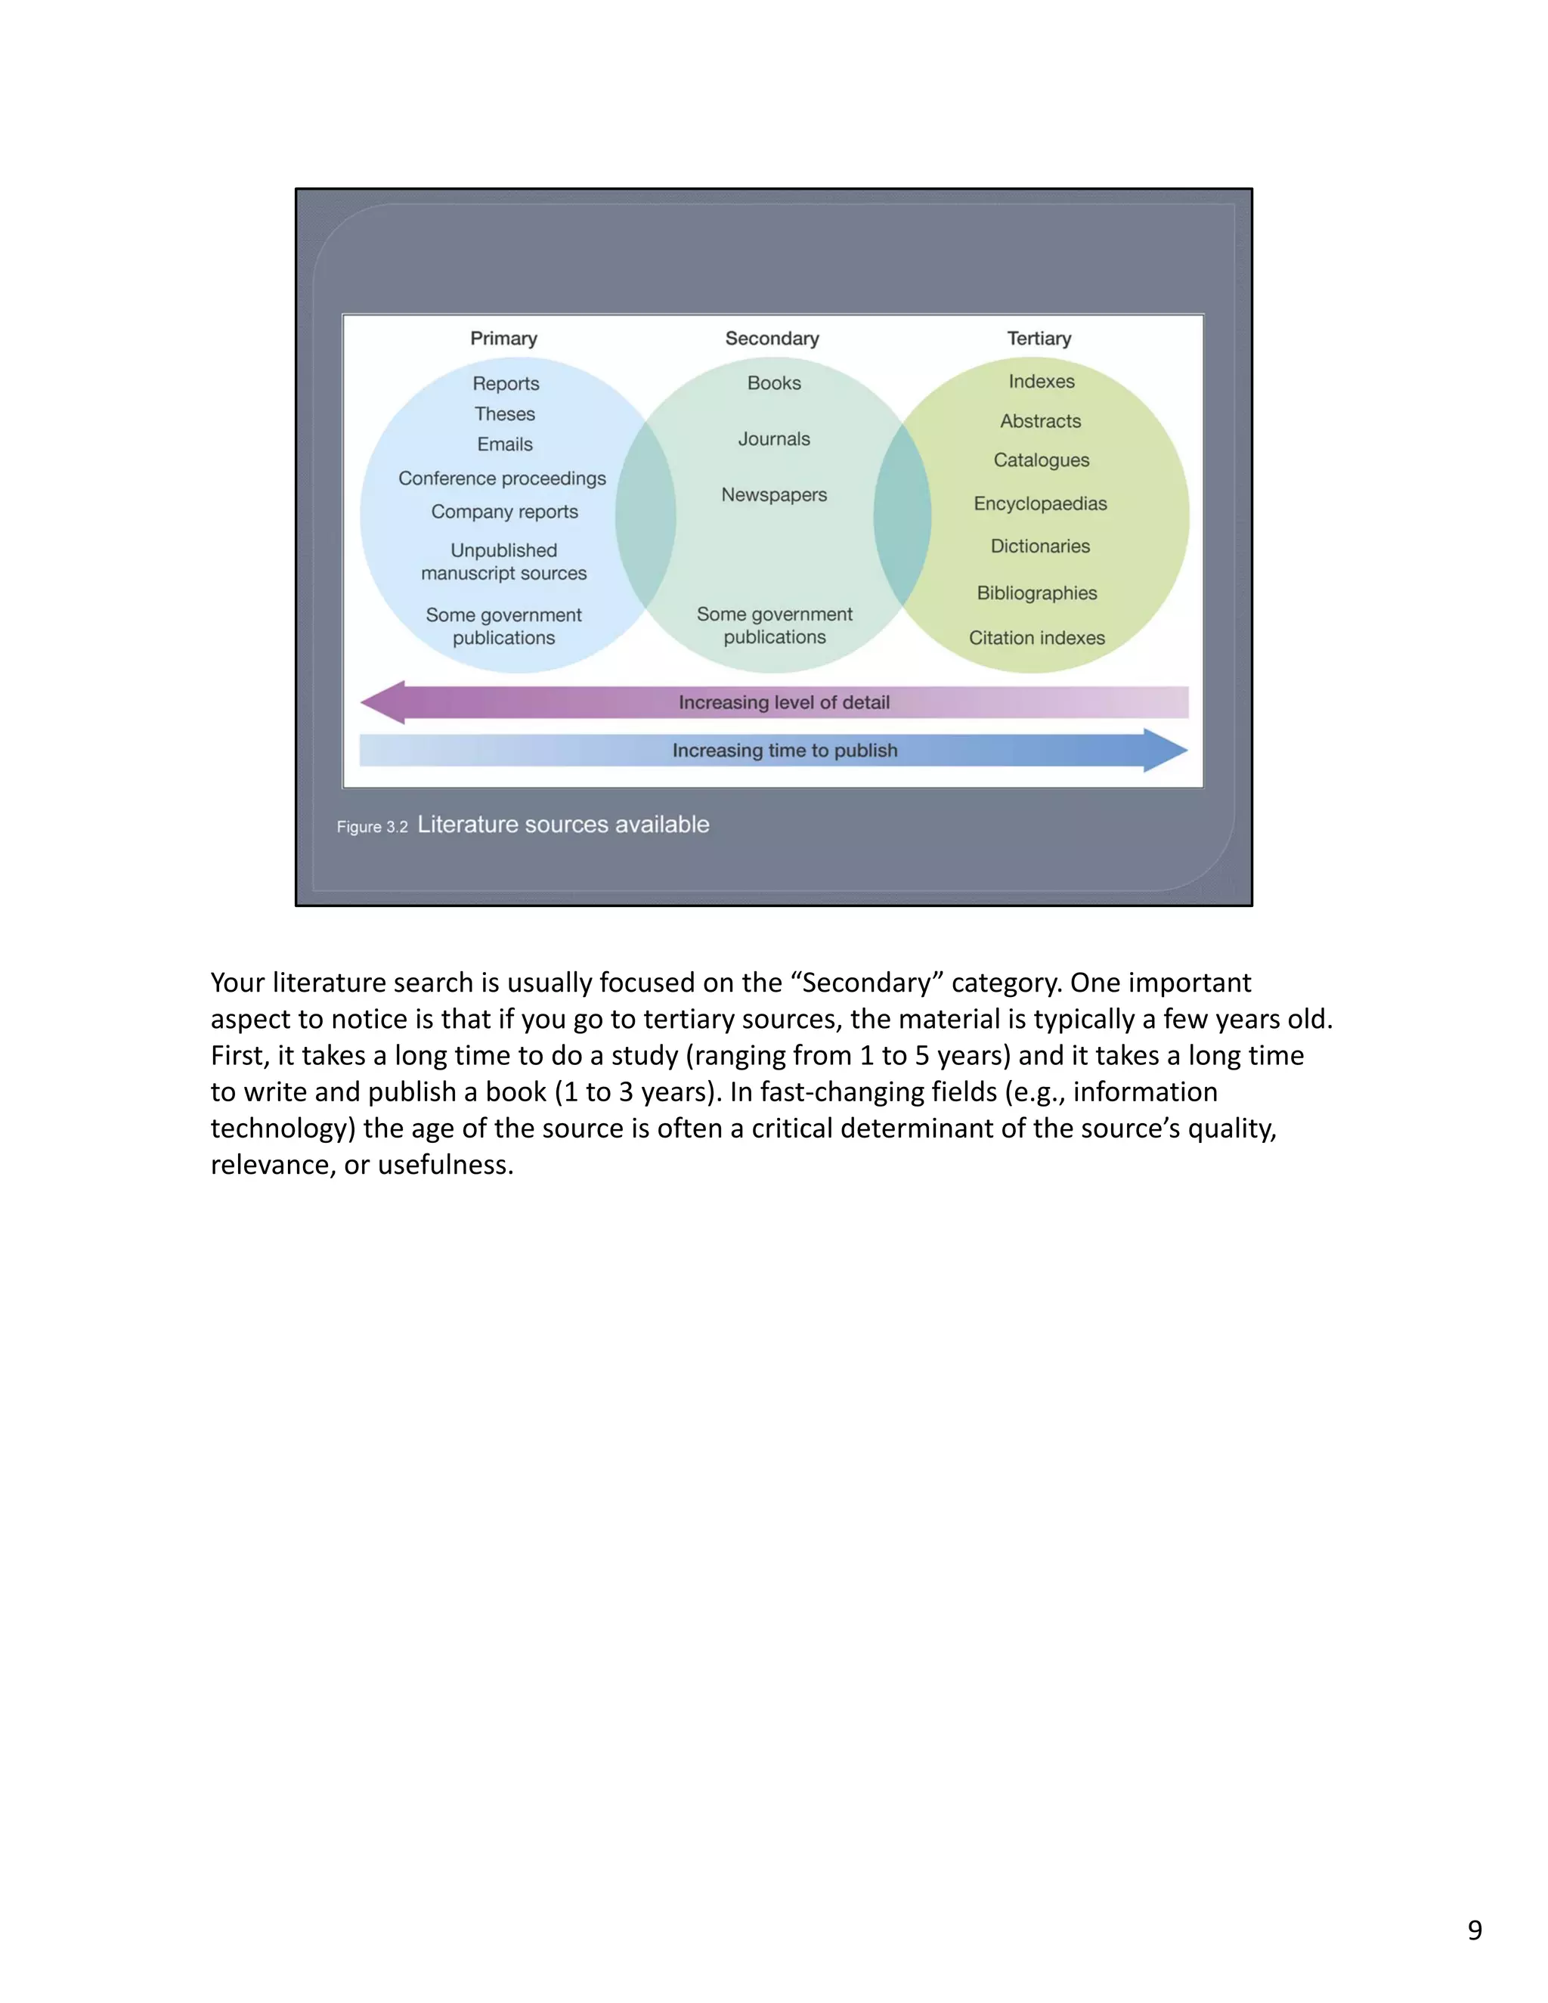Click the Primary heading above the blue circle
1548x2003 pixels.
coord(503,339)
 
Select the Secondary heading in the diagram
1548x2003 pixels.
coord(772,339)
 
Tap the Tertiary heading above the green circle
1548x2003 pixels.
coord(1039,339)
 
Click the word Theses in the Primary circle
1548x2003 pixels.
coord(504,414)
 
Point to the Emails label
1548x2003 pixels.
coord(504,444)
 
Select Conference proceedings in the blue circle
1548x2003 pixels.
coord(502,478)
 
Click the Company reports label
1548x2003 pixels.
coord(504,512)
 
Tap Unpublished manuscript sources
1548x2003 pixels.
coord(503,562)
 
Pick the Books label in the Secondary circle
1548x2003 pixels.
coord(774,383)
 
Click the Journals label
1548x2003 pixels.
coord(774,439)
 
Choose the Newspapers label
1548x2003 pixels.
coord(774,495)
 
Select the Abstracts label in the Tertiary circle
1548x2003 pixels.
coord(1040,422)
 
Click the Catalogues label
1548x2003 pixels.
coord(1041,460)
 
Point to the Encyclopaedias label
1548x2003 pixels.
coord(1040,503)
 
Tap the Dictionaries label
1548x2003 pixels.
coord(1040,546)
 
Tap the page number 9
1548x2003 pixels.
coord(1475,1930)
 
